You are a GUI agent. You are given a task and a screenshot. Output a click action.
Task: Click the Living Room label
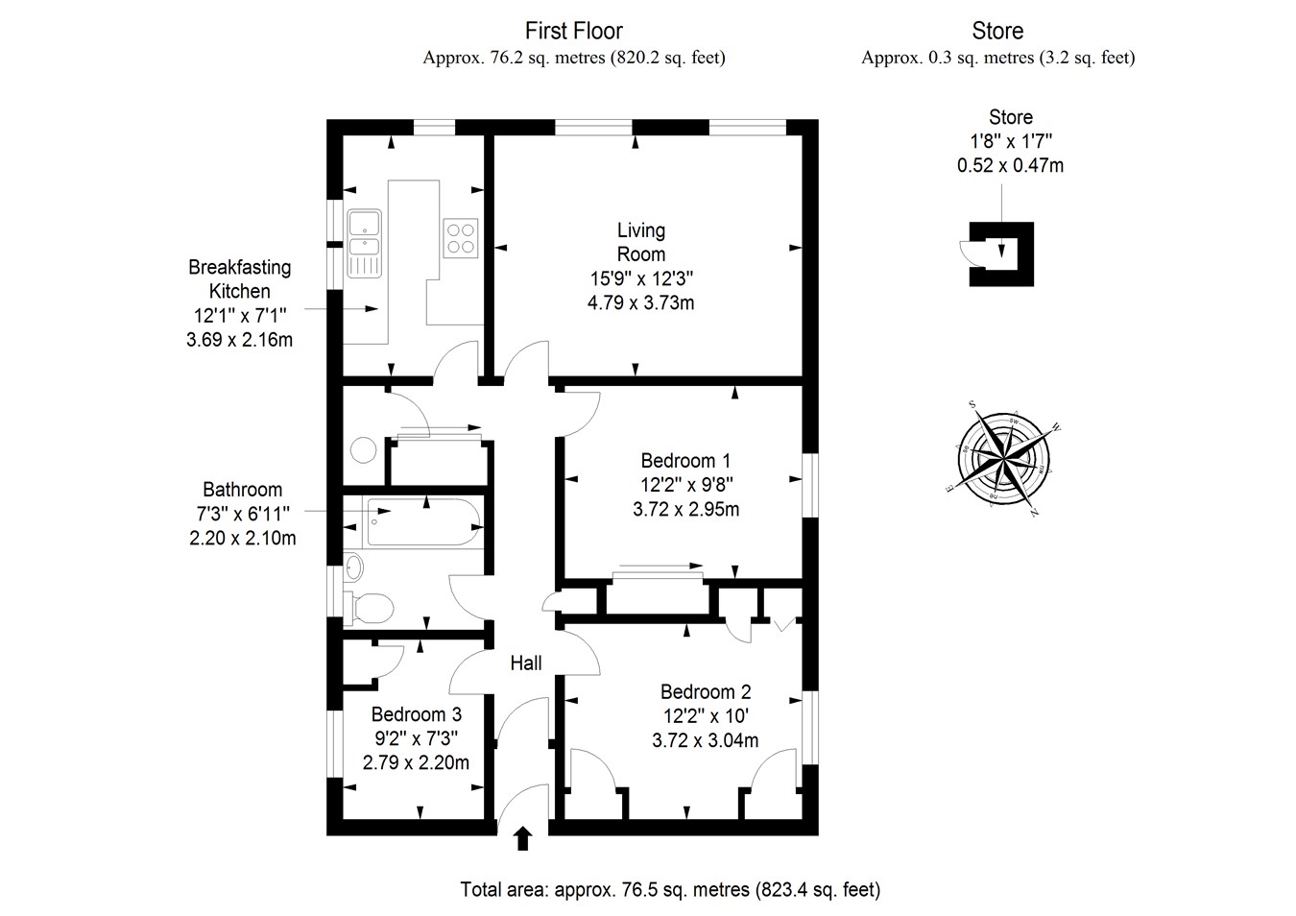(x=640, y=242)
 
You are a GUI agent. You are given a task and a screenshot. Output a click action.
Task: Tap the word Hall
(x=526, y=663)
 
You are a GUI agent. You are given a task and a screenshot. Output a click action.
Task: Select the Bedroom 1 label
(x=685, y=461)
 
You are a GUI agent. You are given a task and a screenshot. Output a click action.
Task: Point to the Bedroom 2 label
(x=705, y=691)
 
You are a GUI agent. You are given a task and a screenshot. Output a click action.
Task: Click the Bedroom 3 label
(x=416, y=714)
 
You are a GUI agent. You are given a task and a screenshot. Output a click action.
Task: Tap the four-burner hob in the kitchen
(x=461, y=237)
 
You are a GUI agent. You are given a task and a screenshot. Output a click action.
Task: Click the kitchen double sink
(x=365, y=242)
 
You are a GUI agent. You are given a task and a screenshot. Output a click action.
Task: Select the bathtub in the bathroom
(x=422, y=522)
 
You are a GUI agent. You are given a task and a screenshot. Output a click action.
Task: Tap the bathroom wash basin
(x=354, y=567)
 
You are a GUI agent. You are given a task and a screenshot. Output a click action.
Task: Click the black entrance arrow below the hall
(x=523, y=838)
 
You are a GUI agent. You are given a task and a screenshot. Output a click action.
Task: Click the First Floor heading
(x=574, y=32)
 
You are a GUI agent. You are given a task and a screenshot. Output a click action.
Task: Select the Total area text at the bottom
(x=670, y=889)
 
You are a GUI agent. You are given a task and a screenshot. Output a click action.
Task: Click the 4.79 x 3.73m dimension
(x=640, y=302)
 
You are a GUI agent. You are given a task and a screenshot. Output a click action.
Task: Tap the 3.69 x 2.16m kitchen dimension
(x=239, y=339)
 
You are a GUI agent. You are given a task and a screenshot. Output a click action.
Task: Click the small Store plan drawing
(x=1001, y=253)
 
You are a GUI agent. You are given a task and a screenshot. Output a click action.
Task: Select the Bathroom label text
(x=242, y=490)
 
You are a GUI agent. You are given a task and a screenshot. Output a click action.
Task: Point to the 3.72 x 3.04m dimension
(x=705, y=740)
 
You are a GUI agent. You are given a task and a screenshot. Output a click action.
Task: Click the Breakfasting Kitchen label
(x=239, y=278)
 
